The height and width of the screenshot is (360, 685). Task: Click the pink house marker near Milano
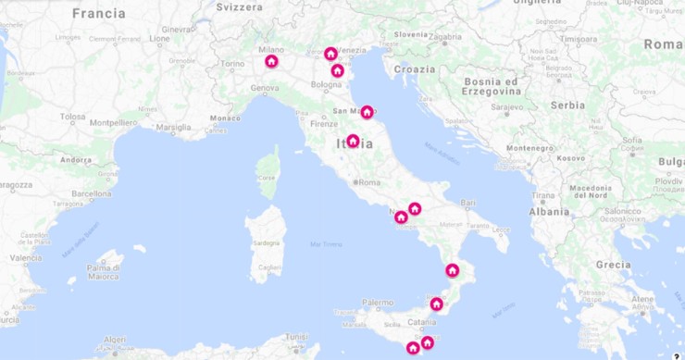[271, 62]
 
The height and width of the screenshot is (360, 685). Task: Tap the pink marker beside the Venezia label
[330, 54]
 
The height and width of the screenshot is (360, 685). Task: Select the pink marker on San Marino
[367, 112]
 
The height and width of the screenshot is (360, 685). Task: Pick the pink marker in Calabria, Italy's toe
[452, 271]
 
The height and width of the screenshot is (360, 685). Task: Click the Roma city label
[369, 182]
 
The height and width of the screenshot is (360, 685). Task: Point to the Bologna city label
[326, 84]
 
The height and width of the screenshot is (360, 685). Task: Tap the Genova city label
[264, 88]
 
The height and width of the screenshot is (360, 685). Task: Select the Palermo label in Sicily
[378, 302]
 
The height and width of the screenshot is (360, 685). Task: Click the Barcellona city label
[92, 193]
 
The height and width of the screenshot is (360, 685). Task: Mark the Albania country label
[550, 211]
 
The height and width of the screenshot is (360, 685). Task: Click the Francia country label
[98, 13]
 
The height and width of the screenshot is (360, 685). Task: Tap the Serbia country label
[567, 106]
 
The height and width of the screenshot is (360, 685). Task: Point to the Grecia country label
[613, 264]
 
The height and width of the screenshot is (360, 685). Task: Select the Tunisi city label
[297, 337]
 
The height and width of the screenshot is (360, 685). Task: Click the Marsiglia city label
[173, 128]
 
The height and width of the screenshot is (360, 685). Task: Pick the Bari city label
[468, 202]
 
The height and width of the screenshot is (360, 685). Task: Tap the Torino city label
[232, 65]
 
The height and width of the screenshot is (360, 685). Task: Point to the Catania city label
[421, 322]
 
